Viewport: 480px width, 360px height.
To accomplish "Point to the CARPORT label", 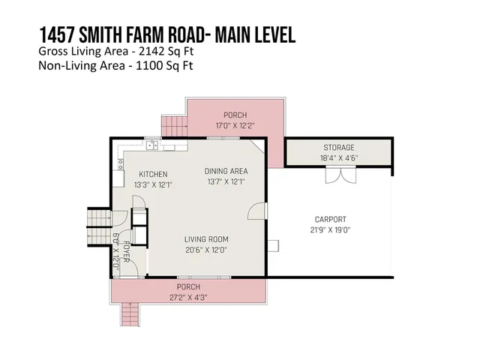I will [330, 220].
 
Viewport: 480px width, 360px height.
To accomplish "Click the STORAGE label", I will [338, 148].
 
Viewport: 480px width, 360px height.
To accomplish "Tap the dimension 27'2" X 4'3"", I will [188, 297].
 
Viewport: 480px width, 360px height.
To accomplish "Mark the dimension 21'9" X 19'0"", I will [330, 229].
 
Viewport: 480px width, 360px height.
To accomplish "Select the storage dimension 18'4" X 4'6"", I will [338, 157].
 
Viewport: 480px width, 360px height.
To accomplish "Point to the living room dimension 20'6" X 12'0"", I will [205, 250].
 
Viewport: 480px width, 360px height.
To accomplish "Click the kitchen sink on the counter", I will [152, 146].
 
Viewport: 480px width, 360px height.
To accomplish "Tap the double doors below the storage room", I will [339, 175].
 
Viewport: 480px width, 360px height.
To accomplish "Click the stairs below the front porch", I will [130, 313].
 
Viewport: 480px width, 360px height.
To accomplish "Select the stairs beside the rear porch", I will [174, 126].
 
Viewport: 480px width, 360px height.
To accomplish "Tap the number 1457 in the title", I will [58, 34].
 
